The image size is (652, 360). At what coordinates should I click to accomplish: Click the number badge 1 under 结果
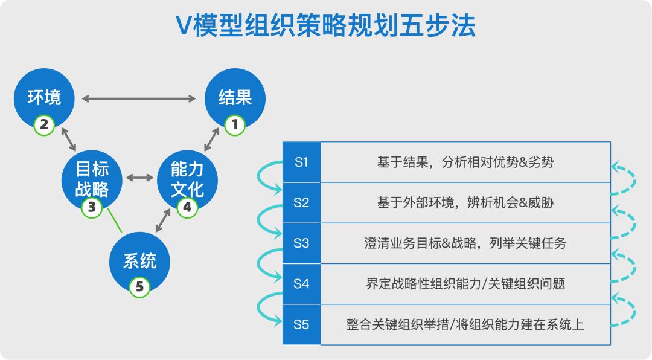click(x=234, y=125)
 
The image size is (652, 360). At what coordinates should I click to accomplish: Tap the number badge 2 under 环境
click(x=44, y=125)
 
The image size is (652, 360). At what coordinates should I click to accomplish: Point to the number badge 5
click(x=139, y=286)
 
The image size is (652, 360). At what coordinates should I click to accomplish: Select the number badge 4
click(x=187, y=207)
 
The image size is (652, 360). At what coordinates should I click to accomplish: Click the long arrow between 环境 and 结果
click(x=139, y=98)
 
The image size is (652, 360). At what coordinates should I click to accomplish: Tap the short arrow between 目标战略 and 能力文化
click(x=139, y=178)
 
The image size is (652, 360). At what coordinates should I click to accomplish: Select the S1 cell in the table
click(x=301, y=162)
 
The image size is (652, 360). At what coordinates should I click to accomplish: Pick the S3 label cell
click(x=301, y=243)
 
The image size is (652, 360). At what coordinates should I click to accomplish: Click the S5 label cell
click(x=301, y=324)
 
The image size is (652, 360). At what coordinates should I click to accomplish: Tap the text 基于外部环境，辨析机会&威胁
click(x=465, y=202)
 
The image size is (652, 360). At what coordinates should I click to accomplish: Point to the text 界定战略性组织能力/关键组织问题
click(x=465, y=284)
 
